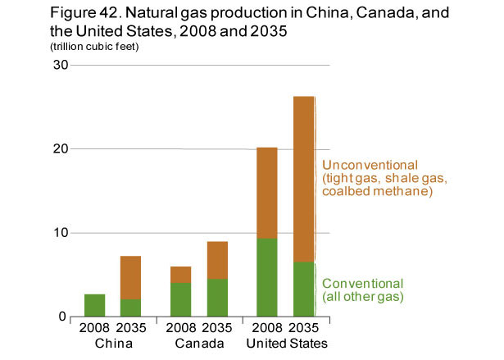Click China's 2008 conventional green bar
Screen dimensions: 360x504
click(x=94, y=305)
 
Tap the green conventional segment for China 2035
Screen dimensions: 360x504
click(x=130, y=308)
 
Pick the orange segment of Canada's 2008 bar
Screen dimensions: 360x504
click(x=180, y=275)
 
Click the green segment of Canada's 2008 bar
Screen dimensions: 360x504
click(x=180, y=299)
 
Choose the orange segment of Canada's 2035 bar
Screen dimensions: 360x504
click(x=217, y=260)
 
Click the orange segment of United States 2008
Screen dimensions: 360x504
click(x=267, y=193)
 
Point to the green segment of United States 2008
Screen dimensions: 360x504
click(x=267, y=277)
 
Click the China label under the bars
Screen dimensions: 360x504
click(x=112, y=342)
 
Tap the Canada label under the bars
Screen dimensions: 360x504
click(x=199, y=342)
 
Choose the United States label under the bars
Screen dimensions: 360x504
click(x=286, y=342)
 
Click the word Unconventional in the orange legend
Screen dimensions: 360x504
click(x=370, y=165)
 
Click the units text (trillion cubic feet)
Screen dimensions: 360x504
click(x=94, y=47)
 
